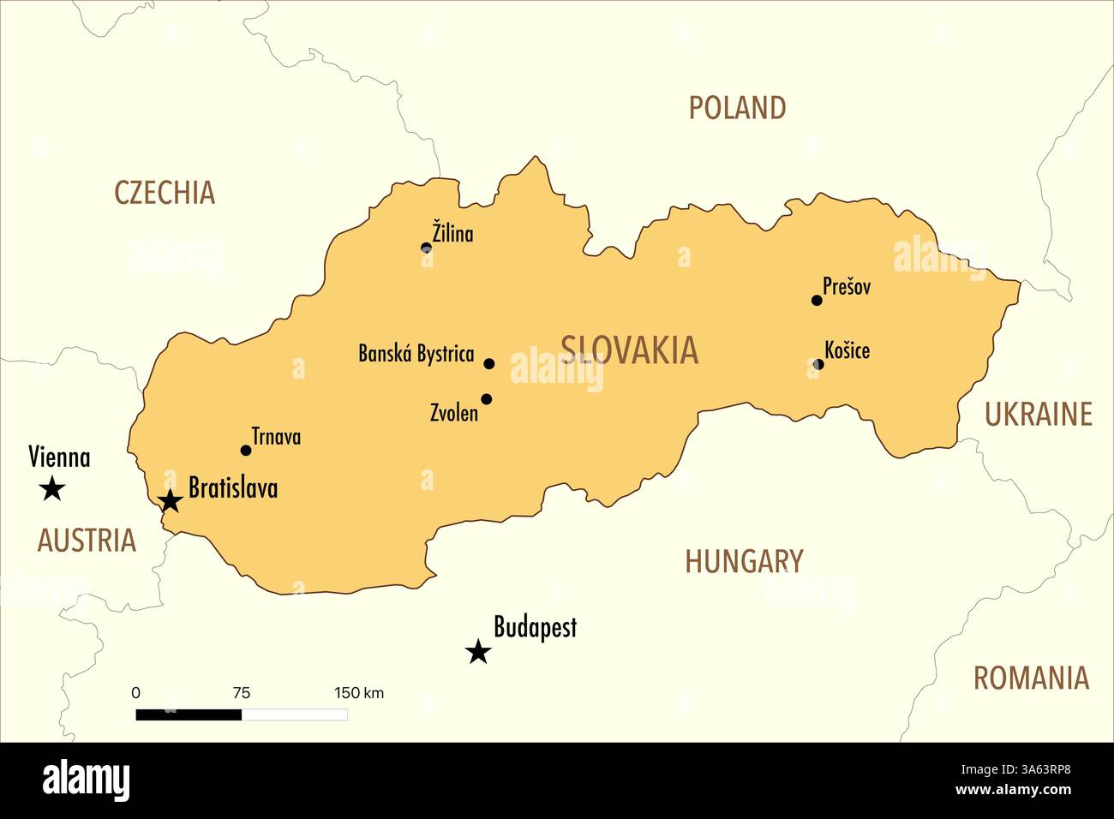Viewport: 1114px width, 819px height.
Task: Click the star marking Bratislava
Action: point(171,501)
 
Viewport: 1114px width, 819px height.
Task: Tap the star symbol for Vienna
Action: point(52,488)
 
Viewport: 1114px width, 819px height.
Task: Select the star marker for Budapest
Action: point(478,652)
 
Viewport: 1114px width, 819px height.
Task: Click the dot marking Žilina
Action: point(426,248)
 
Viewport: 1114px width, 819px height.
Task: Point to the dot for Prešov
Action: point(817,300)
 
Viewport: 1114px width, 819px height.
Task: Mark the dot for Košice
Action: point(818,364)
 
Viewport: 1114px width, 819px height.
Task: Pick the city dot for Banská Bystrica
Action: point(489,363)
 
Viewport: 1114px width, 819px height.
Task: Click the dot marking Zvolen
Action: point(487,398)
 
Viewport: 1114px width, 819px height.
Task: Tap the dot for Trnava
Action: point(246,450)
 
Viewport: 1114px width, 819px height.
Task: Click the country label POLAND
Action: point(737,108)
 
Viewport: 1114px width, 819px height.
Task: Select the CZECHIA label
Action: point(165,193)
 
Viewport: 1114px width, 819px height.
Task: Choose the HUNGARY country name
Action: point(744,562)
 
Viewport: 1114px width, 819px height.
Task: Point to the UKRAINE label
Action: point(1038,415)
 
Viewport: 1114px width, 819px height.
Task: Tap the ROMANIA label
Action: point(1031,679)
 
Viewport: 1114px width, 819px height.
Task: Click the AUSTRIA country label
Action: point(87,541)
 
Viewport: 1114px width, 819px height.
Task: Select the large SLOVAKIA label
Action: point(630,350)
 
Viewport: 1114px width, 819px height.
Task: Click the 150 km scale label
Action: point(359,693)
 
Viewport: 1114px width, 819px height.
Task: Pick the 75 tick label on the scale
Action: point(242,693)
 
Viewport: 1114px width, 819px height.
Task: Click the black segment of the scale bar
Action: point(189,714)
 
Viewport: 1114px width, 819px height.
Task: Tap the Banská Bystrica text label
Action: point(416,354)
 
